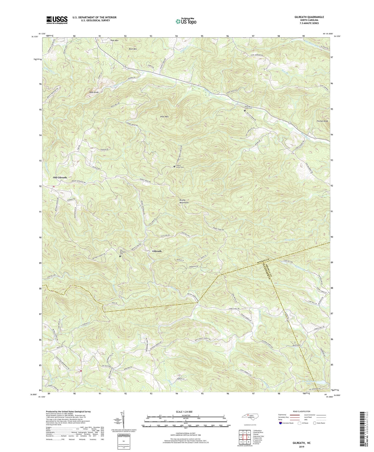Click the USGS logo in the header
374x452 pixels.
(x=57, y=20)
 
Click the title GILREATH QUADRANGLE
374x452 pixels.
(x=309, y=17)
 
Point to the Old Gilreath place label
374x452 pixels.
(x=60, y=178)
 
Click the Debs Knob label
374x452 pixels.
(x=94, y=92)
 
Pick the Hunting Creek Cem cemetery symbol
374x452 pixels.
(x=245, y=111)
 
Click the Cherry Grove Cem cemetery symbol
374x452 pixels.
(x=174, y=167)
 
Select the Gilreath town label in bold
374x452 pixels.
(x=157, y=251)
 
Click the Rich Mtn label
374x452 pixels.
(x=133, y=49)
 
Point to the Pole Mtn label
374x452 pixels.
(x=114, y=41)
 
